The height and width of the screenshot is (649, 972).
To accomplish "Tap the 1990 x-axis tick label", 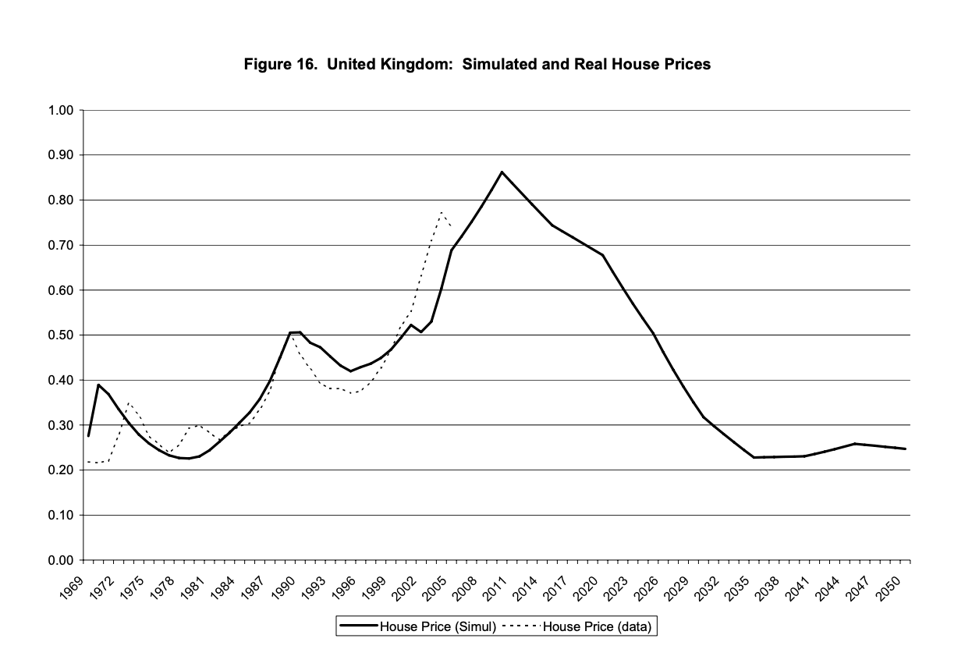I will point(283,581).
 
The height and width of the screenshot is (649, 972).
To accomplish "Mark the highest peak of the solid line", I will point(502,172).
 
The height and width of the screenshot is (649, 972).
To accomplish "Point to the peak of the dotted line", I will point(442,211).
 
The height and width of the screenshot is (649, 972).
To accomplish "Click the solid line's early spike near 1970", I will point(98,385).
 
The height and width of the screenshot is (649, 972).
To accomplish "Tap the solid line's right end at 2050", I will point(905,449).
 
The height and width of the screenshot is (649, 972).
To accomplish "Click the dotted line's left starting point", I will point(88,462).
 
